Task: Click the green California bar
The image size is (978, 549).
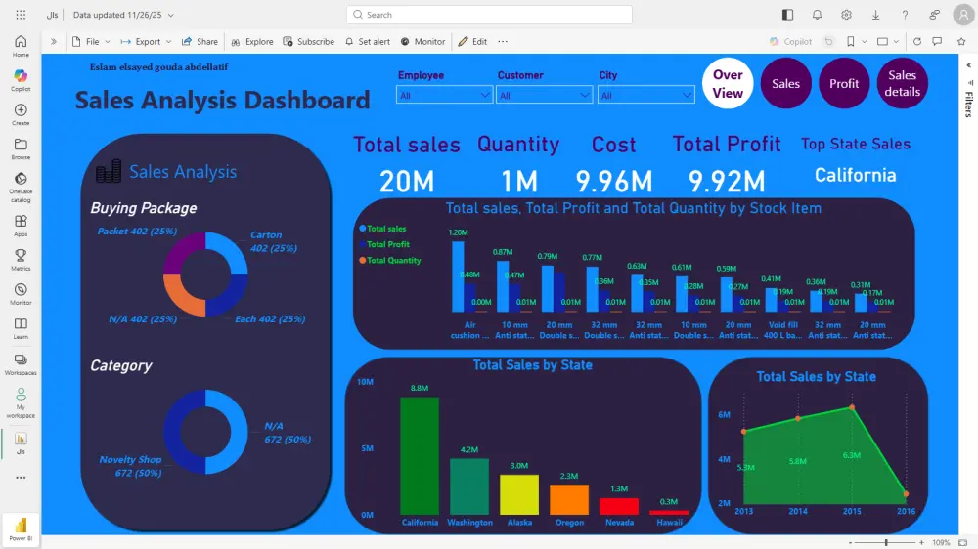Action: pyautogui.click(x=420, y=455)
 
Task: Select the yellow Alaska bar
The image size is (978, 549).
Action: pyautogui.click(x=519, y=494)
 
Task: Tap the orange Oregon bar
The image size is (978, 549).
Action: pyautogui.click(x=569, y=499)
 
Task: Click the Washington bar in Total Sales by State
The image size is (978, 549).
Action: pyautogui.click(x=469, y=486)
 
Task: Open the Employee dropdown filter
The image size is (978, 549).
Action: pyautogui.click(x=444, y=95)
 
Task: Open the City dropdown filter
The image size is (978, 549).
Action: pyautogui.click(x=646, y=95)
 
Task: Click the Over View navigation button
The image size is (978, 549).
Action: pyautogui.click(x=728, y=84)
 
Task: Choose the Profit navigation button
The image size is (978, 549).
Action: pyautogui.click(x=844, y=84)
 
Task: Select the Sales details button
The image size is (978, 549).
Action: pyautogui.click(x=902, y=84)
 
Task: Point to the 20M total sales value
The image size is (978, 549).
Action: pyautogui.click(x=407, y=181)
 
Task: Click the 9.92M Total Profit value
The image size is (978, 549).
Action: pyautogui.click(x=727, y=181)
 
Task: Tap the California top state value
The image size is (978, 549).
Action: pyautogui.click(x=856, y=175)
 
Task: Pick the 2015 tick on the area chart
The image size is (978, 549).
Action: pyautogui.click(x=852, y=511)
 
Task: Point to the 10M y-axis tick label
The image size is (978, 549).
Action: pyautogui.click(x=366, y=382)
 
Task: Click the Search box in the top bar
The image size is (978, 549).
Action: pyautogui.click(x=489, y=15)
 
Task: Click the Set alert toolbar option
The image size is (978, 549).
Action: pyautogui.click(x=368, y=42)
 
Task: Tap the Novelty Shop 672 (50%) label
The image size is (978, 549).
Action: pyautogui.click(x=130, y=466)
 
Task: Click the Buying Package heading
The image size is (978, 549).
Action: pyautogui.click(x=143, y=208)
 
